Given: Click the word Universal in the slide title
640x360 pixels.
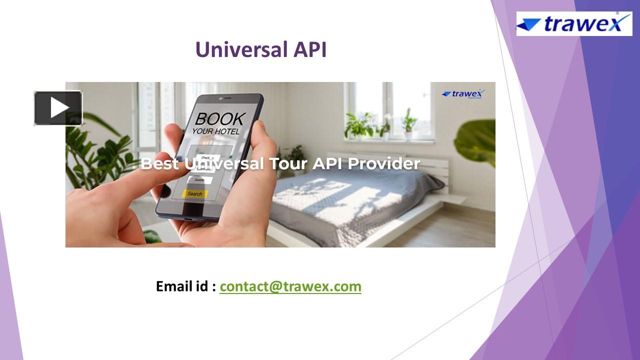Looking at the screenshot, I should pyautogui.click(x=236, y=49).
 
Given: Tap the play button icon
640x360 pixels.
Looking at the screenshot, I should pyautogui.click(x=58, y=107).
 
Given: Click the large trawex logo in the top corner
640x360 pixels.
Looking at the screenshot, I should pyautogui.click(x=574, y=23).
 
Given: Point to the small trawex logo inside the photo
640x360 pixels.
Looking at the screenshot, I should pyautogui.click(x=463, y=94).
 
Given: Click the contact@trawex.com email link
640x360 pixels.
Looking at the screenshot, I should pyautogui.click(x=290, y=286).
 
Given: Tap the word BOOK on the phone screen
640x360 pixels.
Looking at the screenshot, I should pyautogui.click(x=219, y=119).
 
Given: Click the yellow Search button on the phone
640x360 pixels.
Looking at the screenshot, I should pyautogui.click(x=195, y=193).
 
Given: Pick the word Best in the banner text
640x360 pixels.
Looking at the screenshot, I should pyautogui.click(x=159, y=163).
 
